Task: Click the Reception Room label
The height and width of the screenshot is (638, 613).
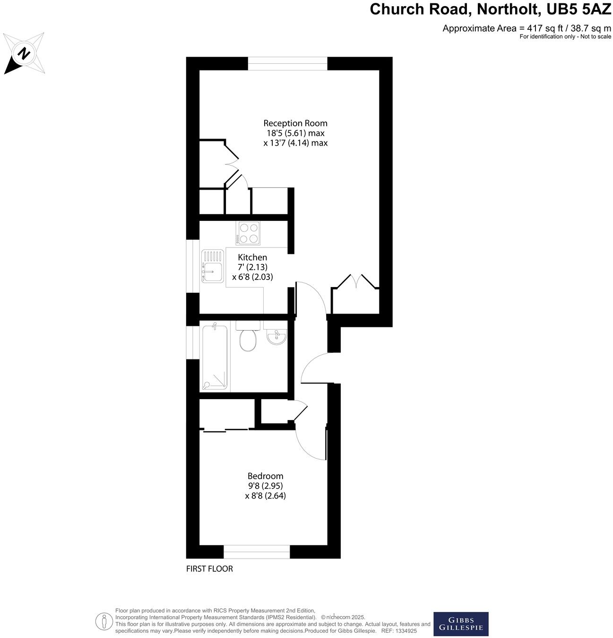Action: pyautogui.click(x=295, y=123)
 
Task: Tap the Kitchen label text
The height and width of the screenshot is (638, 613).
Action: pyautogui.click(x=252, y=258)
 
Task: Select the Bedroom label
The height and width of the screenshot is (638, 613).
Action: pyautogui.click(x=265, y=476)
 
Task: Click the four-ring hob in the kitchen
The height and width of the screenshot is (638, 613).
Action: pyautogui.click(x=248, y=233)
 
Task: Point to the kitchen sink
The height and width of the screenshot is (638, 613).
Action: pyautogui.click(x=212, y=266)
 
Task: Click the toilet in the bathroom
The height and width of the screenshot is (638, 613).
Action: pyautogui.click(x=248, y=337)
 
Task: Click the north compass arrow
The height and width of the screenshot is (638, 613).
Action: pyautogui.click(x=23, y=54)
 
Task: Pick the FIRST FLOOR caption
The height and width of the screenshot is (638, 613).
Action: pyautogui.click(x=209, y=569)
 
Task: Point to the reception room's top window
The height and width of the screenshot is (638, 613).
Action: pyautogui.click(x=287, y=63)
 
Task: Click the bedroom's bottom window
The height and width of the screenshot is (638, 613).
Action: pyautogui.click(x=256, y=551)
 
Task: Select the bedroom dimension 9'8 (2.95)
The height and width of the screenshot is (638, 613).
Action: pyautogui.click(x=265, y=486)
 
